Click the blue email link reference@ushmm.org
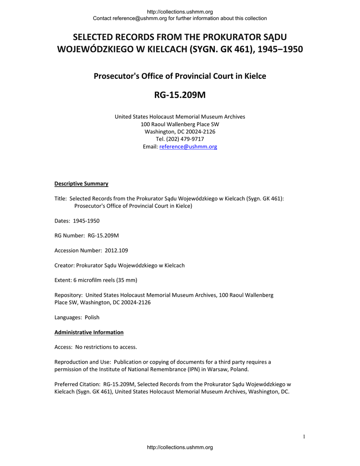tap(188, 147)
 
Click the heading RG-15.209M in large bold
tap(180, 96)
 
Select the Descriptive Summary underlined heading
tap(81, 184)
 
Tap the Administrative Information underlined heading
tap(89, 332)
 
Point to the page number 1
tap(304, 437)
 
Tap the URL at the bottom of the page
tap(180, 448)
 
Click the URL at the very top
tap(180, 11)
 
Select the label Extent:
tap(64, 280)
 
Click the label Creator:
tap(64, 265)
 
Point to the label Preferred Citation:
tap(77, 384)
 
